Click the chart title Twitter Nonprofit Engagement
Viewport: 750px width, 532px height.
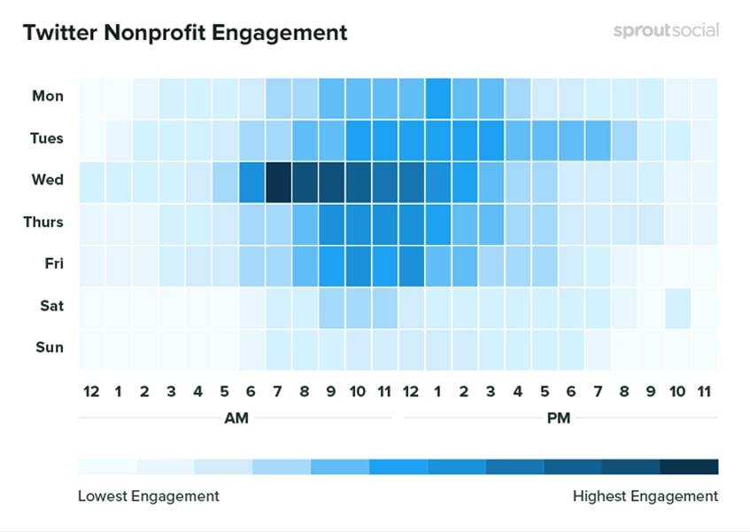[184, 33]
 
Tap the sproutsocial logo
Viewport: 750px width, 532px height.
[666, 30]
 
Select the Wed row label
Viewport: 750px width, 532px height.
[47, 180]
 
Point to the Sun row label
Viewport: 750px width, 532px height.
[50, 348]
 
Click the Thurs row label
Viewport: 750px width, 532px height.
[43, 222]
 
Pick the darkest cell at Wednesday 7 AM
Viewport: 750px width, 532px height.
[278, 180]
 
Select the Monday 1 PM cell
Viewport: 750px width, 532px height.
[437, 96]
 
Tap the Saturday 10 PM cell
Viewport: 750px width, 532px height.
[677, 306]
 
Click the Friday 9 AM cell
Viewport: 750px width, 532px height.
[331, 264]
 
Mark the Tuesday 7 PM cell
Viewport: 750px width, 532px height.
[598, 137]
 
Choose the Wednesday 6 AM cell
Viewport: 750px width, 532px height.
[251, 180]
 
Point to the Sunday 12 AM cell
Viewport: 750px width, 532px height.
[91, 348]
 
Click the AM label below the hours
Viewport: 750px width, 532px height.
[236, 418]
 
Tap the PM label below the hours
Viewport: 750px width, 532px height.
[559, 418]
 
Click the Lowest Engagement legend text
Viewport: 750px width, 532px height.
[148, 495]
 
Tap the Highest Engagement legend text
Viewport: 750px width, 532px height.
[646, 495]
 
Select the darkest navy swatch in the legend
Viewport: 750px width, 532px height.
[689, 466]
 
